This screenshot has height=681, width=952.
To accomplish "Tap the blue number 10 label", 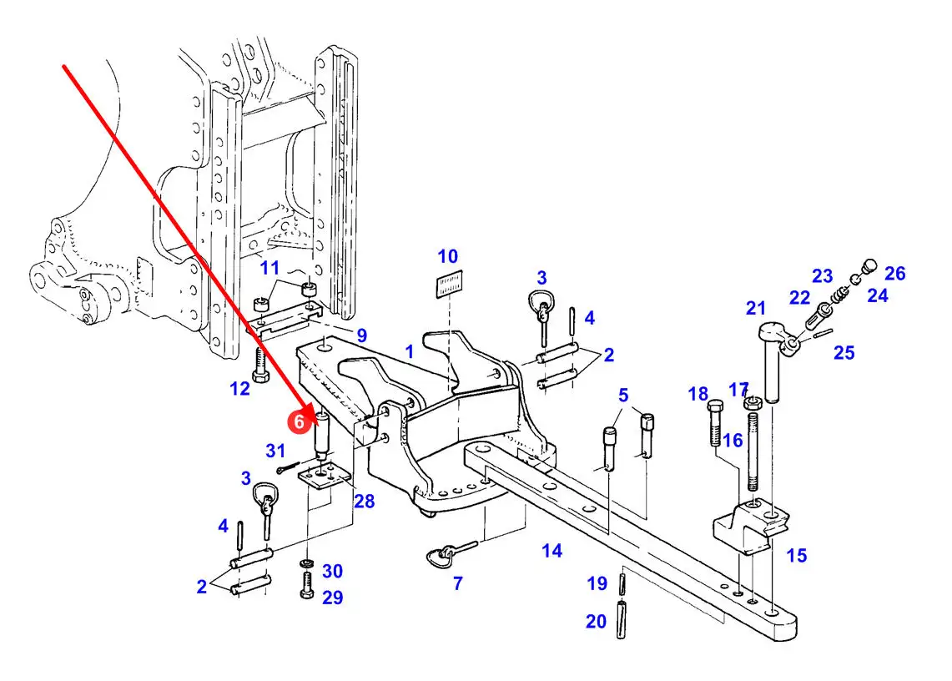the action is tap(448, 256).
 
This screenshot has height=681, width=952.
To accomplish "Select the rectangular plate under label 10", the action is tap(449, 284).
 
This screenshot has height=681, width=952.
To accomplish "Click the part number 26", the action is tap(895, 274).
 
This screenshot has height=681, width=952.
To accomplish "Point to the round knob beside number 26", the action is tap(870, 266).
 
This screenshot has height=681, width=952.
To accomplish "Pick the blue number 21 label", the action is tap(756, 308).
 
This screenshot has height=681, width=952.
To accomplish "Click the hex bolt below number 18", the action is tap(715, 422).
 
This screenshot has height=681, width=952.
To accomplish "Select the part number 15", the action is tap(797, 555).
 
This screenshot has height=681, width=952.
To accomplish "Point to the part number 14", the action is tap(552, 551).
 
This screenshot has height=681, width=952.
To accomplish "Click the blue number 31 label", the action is tap(275, 451).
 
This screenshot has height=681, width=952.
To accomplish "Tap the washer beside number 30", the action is tap(307, 564).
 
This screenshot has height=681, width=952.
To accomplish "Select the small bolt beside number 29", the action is tap(307, 586).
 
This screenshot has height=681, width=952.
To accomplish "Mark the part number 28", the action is tap(365, 502).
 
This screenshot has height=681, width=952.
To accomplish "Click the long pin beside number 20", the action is tap(621, 619).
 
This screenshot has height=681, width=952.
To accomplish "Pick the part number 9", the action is tap(362, 335).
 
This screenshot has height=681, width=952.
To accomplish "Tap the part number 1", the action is tap(409, 351).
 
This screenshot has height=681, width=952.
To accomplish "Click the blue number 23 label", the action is tap(822, 275).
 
